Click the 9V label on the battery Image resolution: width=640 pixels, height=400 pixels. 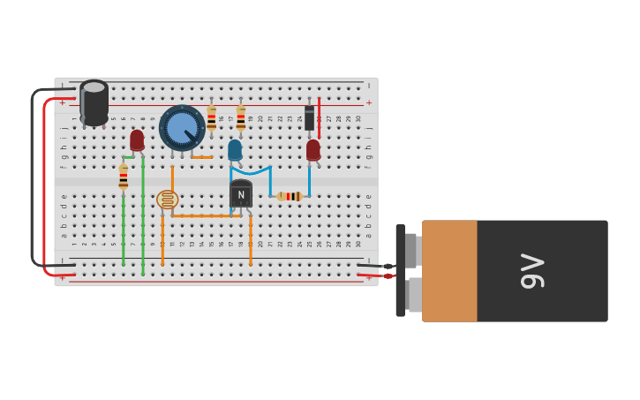tap(532, 270)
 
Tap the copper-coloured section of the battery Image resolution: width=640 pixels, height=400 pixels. tap(449, 270)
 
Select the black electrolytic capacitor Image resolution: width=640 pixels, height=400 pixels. tap(94, 102)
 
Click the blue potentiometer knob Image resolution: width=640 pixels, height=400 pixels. tap(181, 127)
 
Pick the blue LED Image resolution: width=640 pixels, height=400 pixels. tap(234, 150)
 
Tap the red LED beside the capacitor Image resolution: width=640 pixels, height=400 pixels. tap(137, 140)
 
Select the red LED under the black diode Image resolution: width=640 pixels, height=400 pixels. tap(312, 149)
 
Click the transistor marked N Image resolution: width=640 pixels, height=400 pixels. tap(240, 194)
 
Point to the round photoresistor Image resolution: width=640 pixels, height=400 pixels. tap(167, 200)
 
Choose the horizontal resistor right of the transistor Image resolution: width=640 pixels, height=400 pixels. tap(290, 196)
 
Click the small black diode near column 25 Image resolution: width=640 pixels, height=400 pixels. tap(309, 117)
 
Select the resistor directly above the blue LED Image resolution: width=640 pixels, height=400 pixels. tap(240, 117)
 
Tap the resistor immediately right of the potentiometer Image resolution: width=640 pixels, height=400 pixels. tap(211, 117)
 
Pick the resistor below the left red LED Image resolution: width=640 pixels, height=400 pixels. tap(123, 177)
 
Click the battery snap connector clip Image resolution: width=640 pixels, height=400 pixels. tap(401, 270)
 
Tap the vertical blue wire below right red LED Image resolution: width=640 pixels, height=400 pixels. tap(309, 180)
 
